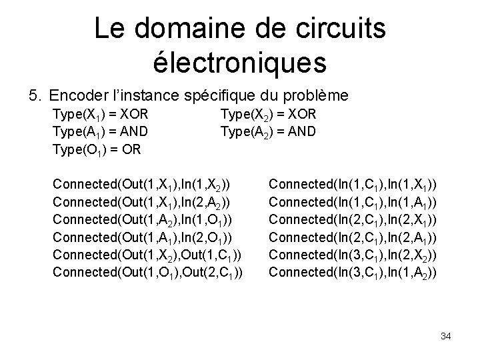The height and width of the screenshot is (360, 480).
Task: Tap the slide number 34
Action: click(446, 336)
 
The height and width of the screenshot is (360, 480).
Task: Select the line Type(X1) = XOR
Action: click(100, 115)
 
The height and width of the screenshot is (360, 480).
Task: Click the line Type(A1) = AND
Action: click(100, 131)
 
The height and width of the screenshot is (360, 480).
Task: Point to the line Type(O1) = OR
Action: click(97, 149)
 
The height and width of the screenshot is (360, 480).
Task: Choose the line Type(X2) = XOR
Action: click(268, 115)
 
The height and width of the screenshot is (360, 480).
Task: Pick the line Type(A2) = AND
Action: click(268, 131)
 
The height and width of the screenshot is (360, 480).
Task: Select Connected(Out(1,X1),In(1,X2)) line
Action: click(142, 183)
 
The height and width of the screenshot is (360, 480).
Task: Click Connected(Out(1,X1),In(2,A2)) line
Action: click(142, 201)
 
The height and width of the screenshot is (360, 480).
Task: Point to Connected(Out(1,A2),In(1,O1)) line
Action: click(142, 219)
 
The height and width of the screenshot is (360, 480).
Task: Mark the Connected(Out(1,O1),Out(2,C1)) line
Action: click(147, 271)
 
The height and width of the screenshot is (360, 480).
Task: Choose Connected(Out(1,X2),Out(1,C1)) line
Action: click(147, 254)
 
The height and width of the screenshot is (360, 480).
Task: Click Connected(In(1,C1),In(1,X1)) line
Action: click(353, 183)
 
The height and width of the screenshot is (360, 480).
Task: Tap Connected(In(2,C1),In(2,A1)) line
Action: click(353, 236)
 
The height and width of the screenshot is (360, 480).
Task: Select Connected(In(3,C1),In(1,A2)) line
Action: click(353, 271)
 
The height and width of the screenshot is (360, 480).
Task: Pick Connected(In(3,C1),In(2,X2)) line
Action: click(353, 254)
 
